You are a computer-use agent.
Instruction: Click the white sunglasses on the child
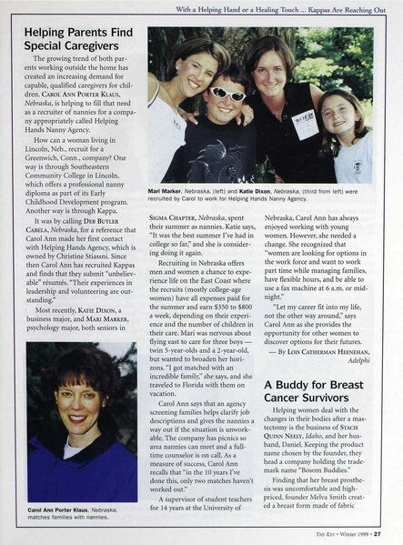[x=228, y=94]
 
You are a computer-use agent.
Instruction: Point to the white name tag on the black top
[x=306, y=123]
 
